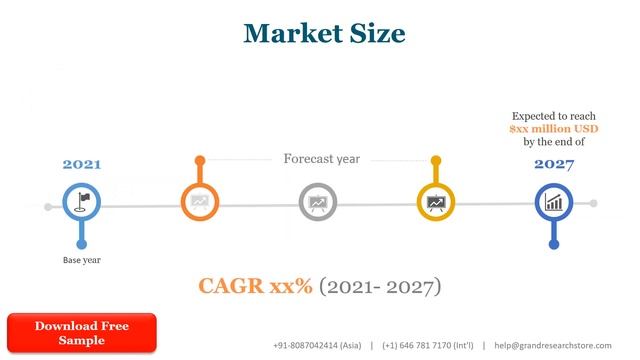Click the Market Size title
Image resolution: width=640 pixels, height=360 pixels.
(325, 33)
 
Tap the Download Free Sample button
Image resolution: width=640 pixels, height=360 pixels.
(82, 333)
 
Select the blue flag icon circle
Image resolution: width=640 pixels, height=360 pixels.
(82, 203)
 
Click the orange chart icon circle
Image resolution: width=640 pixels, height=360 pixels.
(199, 203)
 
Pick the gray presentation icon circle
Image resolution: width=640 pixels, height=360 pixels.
(317, 203)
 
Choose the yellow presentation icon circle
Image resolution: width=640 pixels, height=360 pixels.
(435, 203)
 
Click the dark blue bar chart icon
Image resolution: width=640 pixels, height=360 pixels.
(553, 203)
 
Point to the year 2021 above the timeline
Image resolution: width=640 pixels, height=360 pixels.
(82, 164)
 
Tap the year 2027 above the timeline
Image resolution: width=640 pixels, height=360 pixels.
(553, 164)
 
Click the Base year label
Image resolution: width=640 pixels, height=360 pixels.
(82, 260)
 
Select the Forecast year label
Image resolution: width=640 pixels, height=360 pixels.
(321, 159)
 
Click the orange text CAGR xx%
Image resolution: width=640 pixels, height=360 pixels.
(255, 287)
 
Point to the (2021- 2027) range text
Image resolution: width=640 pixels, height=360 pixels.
(380, 287)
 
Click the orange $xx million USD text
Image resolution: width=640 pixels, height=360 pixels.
(553, 129)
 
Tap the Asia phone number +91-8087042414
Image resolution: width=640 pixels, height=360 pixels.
(317, 345)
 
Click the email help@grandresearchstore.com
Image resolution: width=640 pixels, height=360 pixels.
(552, 345)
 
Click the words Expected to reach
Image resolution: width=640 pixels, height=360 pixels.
(553, 116)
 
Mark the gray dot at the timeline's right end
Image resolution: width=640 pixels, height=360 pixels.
(593, 203)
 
